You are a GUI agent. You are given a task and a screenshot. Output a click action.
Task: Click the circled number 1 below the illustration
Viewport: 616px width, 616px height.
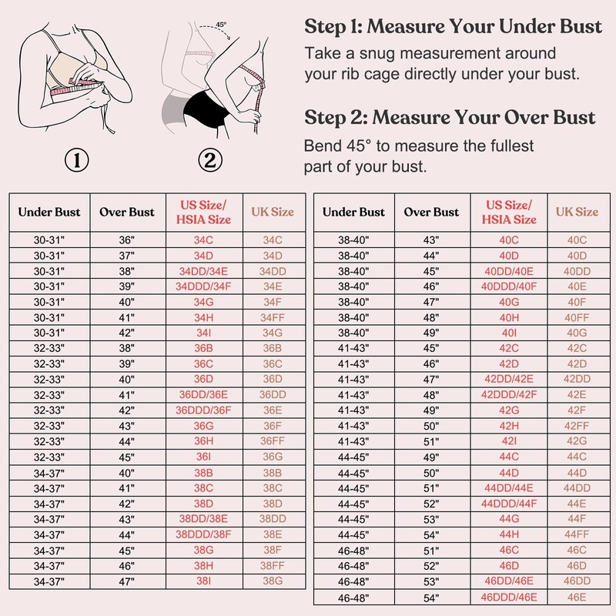coord(77,161)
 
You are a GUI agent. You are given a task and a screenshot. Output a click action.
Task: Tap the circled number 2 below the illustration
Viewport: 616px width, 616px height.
coord(209,161)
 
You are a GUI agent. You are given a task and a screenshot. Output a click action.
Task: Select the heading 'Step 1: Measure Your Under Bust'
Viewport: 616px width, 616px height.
coord(453,27)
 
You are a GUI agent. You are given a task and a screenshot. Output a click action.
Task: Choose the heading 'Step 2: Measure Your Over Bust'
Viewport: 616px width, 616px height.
coord(450,117)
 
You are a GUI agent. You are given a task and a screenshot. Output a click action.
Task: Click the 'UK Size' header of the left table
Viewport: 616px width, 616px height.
coord(273,212)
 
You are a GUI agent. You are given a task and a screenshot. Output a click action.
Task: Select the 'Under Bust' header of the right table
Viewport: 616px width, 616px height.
coord(353,212)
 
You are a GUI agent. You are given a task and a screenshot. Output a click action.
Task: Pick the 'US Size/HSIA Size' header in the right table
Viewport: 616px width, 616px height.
coord(509,212)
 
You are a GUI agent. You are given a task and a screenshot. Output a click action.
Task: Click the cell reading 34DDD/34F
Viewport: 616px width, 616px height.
coord(204,286)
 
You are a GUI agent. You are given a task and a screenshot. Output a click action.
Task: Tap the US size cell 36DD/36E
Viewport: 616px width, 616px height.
coord(204,394)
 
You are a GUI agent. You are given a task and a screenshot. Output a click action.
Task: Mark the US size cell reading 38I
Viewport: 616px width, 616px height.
coord(204,581)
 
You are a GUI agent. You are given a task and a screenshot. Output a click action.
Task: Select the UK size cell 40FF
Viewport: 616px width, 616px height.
coord(577,317)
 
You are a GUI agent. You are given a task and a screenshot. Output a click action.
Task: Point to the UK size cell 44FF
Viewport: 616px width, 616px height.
coord(577,534)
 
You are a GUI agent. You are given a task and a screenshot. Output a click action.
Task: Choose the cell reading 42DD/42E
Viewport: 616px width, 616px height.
coord(509,379)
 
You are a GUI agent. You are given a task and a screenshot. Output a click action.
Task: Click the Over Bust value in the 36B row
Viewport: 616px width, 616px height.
coord(127,348)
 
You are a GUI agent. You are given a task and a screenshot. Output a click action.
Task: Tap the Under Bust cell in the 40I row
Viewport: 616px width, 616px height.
coord(353,333)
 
